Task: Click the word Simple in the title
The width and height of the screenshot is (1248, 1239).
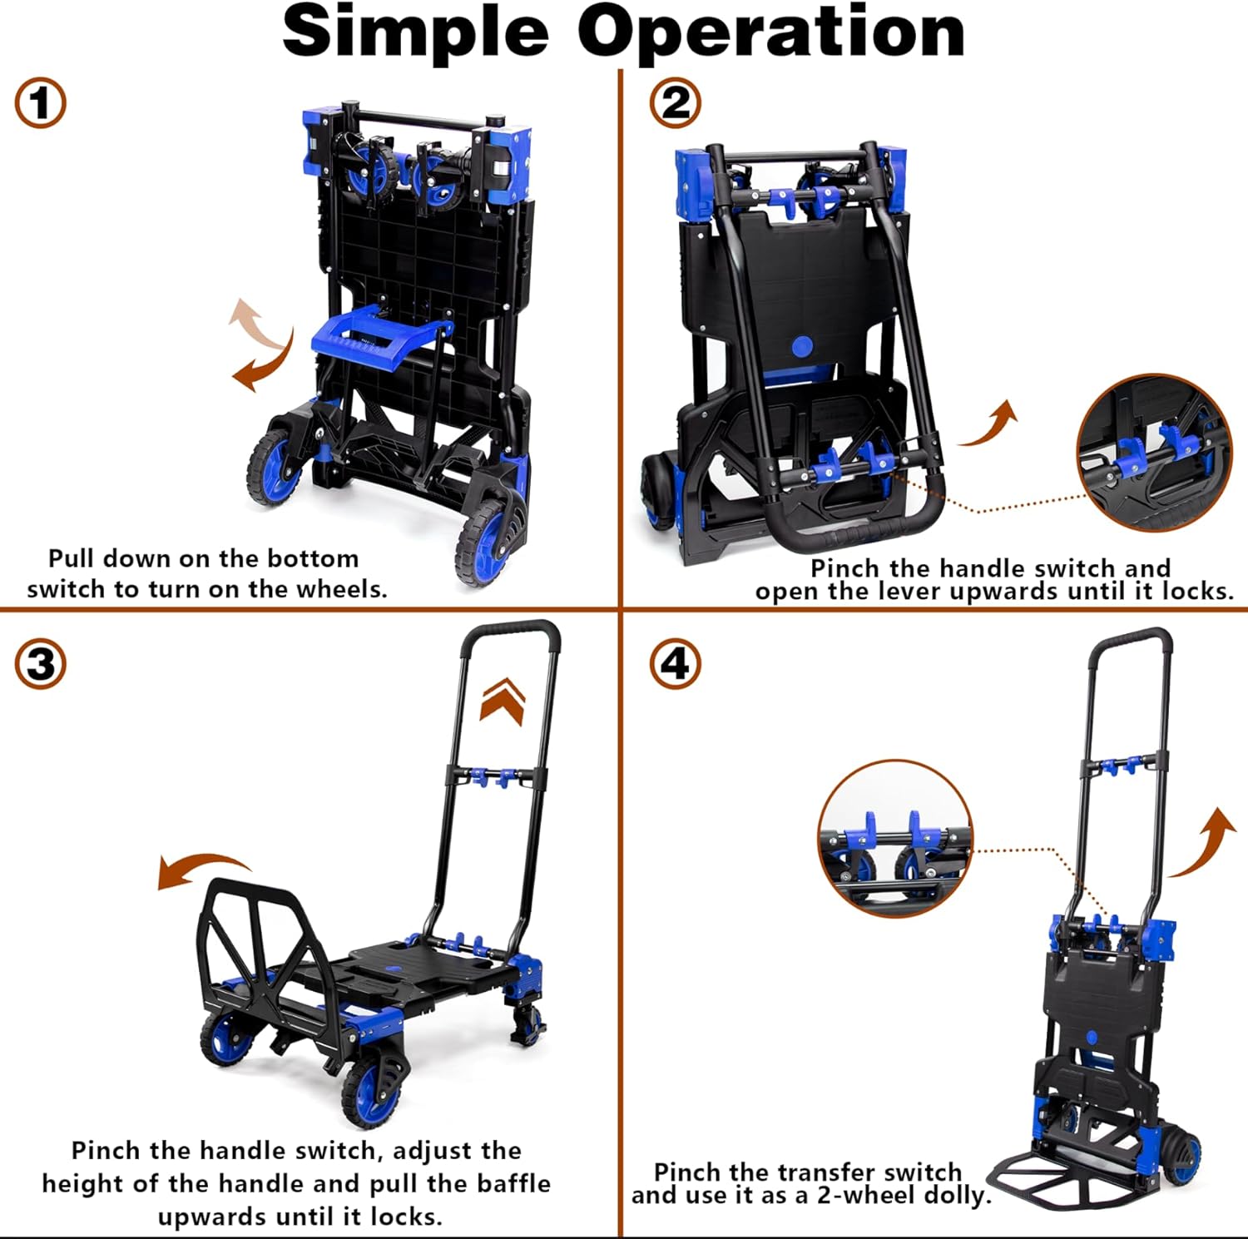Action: (415, 32)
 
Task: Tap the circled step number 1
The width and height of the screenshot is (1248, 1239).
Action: (40, 103)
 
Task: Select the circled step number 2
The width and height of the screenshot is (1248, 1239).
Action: (675, 103)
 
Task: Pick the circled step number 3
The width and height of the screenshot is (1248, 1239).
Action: (40, 665)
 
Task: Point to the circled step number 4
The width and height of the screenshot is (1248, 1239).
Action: (675, 665)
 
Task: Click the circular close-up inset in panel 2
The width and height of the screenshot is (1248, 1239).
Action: (1153, 452)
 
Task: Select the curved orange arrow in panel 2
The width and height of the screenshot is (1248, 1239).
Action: (992, 424)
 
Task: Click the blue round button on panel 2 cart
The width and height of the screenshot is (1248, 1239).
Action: (802, 347)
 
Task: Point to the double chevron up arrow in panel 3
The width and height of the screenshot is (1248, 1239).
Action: (503, 701)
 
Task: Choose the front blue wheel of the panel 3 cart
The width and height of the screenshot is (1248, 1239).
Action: (373, 1091)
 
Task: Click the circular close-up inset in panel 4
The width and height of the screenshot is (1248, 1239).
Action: (894, 838)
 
